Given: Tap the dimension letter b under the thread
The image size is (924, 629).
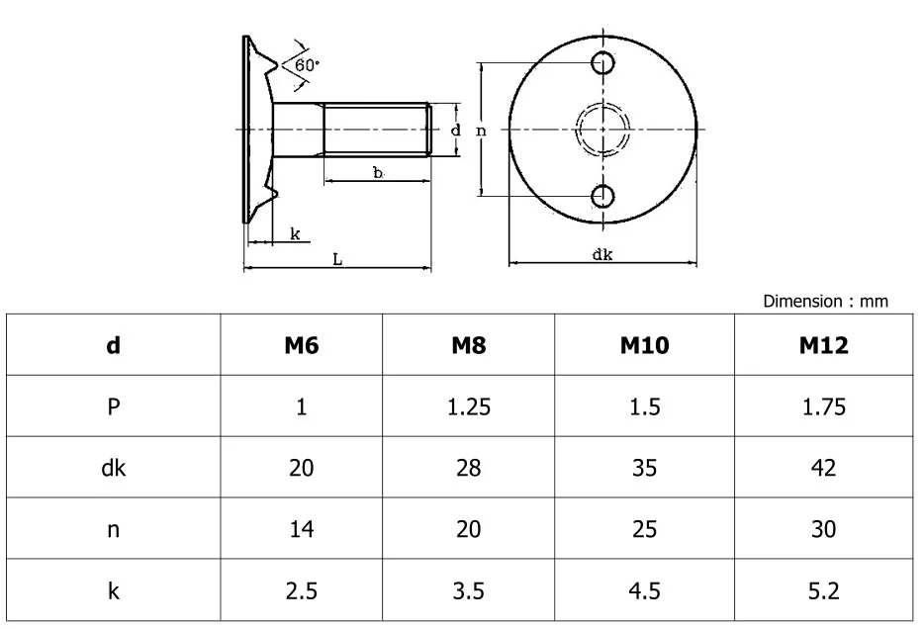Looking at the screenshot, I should point(378,172).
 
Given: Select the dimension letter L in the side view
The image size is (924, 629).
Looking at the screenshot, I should point(337,258).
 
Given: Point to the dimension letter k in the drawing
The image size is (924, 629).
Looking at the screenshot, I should point(295,233).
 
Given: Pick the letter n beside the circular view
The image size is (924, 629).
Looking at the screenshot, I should point(481,130).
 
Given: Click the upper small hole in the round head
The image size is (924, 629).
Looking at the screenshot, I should point(602,64).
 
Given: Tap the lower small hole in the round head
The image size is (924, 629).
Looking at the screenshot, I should point(602,196).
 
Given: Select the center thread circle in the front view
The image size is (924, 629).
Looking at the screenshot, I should point(602,130).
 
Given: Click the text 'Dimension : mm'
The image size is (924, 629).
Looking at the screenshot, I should point(825,301).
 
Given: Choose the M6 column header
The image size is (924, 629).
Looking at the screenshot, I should point(301,345).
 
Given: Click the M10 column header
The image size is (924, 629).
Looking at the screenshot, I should point(644,345).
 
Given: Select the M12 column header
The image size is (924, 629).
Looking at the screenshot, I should point(823,345).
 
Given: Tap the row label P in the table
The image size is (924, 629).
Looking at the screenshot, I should point(114,406).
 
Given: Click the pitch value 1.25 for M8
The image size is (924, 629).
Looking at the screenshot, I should point(468,406).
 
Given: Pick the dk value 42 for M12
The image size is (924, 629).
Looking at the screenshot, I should point(823,468).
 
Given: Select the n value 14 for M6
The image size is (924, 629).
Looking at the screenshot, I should point(301,529).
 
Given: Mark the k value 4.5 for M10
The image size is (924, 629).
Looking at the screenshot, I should point(644,590).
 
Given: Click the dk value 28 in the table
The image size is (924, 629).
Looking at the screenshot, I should point(468,468).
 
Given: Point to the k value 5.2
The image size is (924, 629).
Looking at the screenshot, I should point(823,590).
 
